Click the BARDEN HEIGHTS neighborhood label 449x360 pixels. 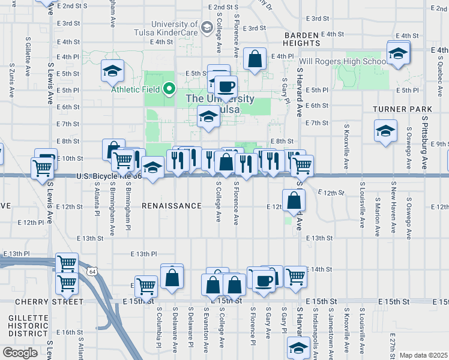pyautogui.click(x=302, y=39)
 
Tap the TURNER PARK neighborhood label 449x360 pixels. pyautogui.click(x=402, y=109)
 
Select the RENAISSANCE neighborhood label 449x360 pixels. pyautogui.click(x=172, y=206)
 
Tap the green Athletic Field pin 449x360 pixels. pyautogui.click(x=169, y=89)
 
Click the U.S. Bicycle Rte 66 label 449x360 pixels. pyautogui.click(x=109, y=176)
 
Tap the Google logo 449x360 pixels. pyautogui.click(x=20, y=352)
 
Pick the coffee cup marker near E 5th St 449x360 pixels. pyautogui.click(x=226, y=86)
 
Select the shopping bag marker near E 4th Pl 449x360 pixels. pyautogui.click(x=255, y=59)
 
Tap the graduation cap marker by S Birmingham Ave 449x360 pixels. pyautogui.click(x=112, y=70)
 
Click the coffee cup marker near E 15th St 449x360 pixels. pyautogui.click(x=264, y=280)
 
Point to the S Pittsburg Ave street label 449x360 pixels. pyautogui.click(x=424, y=144)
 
